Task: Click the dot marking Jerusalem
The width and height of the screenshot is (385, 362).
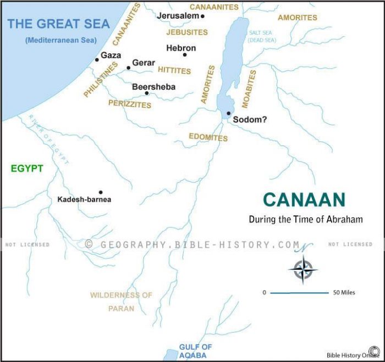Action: (202, 16)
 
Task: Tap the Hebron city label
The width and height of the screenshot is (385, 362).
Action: (180, 48)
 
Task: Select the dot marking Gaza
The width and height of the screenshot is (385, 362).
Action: (97, 59)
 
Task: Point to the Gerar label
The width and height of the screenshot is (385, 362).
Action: (144, 63)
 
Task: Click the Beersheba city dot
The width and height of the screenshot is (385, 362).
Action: (147, 93)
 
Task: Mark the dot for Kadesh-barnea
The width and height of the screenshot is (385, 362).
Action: (100, 192)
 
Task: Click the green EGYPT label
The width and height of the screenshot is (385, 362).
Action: (27, 169)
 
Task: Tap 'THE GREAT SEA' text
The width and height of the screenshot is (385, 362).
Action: (58, 24)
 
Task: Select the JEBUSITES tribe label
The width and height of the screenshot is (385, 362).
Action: (187, 32)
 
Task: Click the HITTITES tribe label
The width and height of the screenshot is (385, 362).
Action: (174, 70)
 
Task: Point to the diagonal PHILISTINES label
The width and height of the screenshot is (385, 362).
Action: (101, 80)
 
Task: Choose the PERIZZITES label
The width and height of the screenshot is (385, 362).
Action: (130, 104)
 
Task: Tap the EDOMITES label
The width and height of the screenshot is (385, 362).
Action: (208, 137)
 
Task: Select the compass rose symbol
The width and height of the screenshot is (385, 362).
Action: (302, 269)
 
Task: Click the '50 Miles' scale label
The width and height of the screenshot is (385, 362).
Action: (344, 293)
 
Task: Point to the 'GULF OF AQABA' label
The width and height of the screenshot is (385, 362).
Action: (195, 351)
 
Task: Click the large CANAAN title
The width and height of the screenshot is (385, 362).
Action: (304, 199)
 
